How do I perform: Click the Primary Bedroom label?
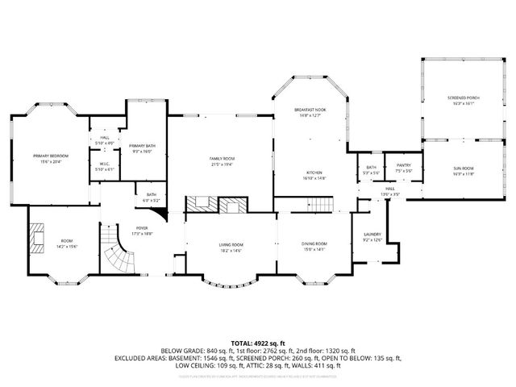point(51,155)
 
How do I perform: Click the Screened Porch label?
point(463,98)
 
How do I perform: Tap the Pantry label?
point(404,167)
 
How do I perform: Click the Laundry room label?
point(372,234)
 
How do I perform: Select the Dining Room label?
point(314,243)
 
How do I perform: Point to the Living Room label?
point(231,244)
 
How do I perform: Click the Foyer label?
point(142,228)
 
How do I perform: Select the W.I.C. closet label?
point(105,165)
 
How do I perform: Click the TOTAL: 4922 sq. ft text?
point(258,343)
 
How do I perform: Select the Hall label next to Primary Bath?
point(105,138)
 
